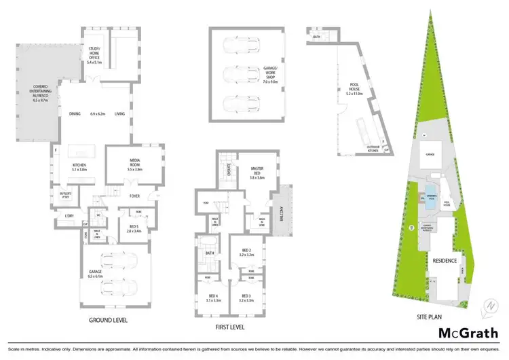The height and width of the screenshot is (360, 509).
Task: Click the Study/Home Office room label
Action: (94, 52)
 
